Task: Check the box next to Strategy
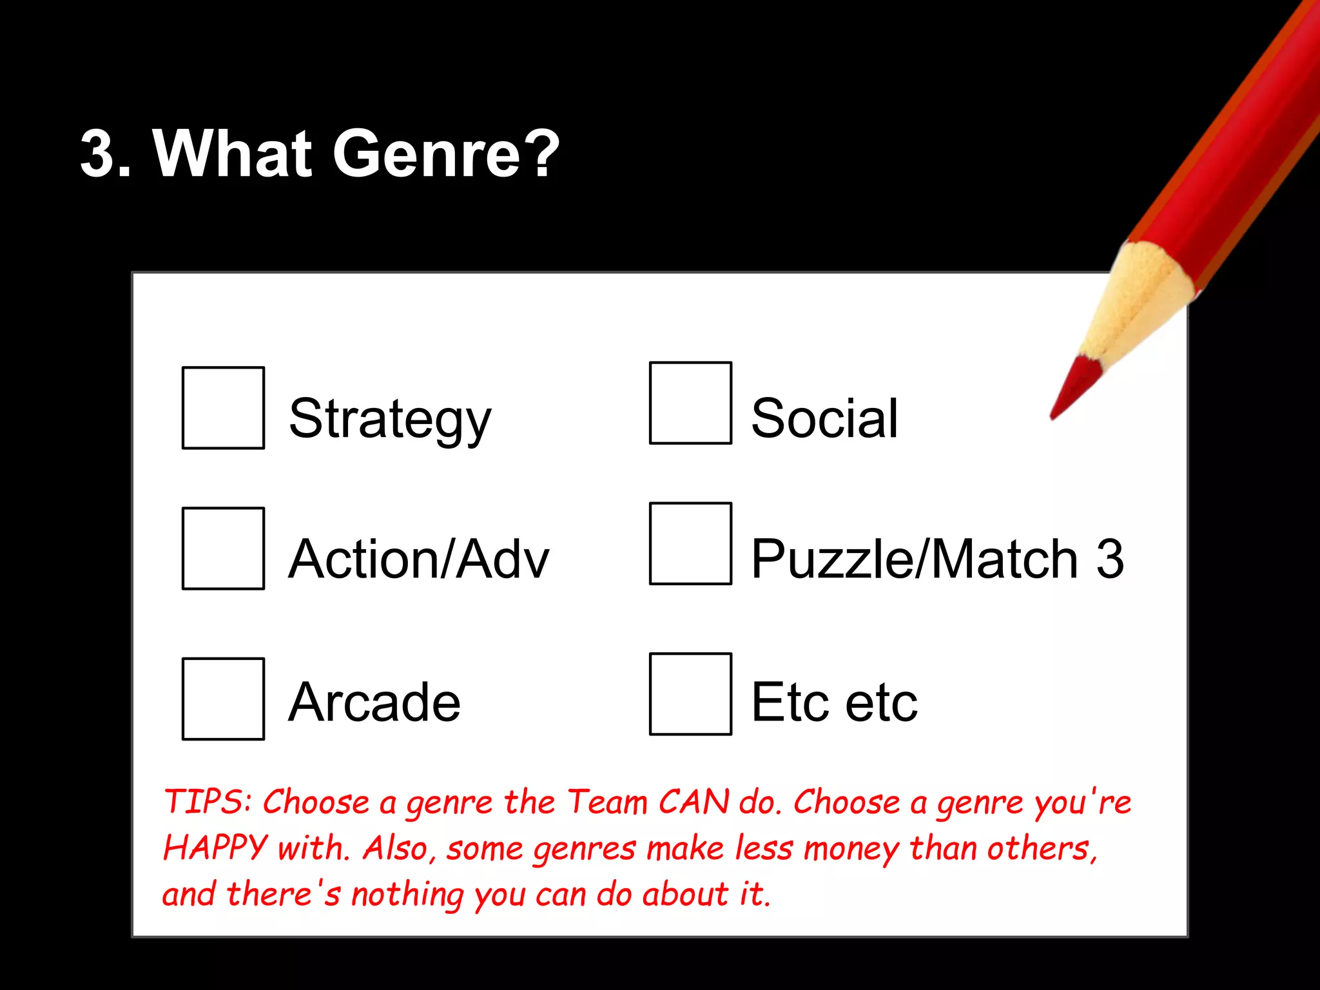(x=223, y=407)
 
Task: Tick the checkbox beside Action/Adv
(x=223, y=548)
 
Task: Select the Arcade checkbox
(x=223, y=699)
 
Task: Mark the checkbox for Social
(x=690, y=403)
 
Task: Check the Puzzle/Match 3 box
(x=690, y=543)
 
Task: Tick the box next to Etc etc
(x=690, y=694)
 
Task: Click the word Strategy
(x=390, y=419)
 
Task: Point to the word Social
(x=824, y=419)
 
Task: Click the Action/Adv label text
(x=418, y=559)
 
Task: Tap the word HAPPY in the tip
(x=215, y=848)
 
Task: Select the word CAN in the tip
(x=694, y=802)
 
